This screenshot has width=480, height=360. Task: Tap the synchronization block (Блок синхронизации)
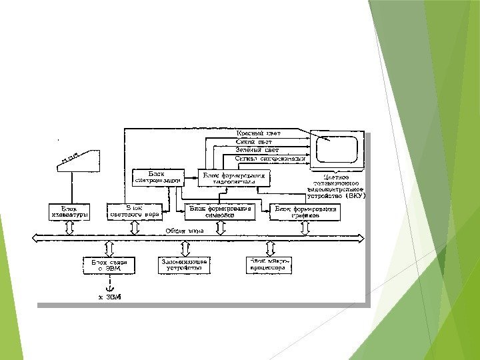[x=157, y=177]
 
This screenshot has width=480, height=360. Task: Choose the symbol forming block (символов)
[x=220, y=212]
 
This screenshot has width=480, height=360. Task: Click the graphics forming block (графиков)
[x=304, y=212]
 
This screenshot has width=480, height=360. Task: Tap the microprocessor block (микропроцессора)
[x=268, y=265]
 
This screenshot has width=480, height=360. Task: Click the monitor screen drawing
[x=337, y=149]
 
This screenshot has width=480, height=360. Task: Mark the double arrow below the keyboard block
[x=69, y=227]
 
